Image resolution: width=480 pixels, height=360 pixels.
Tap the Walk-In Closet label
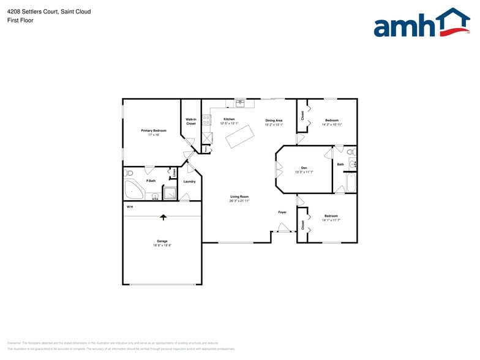pyautogui.click(x=191, y=121)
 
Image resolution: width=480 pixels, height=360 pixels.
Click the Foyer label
pyautogui.click(x=282, y=212)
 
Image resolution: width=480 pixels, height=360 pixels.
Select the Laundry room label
pyautogui.click(x=189, y=181)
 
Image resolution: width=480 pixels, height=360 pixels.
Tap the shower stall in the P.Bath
pyautogui.click(x=170, y=194)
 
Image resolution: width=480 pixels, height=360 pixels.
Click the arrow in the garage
pyautogui.click(x=163, y=216)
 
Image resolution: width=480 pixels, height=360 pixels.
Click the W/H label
pyautogui.click(x=130, y=208)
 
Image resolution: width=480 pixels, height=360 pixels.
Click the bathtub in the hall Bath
pyautogui.click(x=351, y=182)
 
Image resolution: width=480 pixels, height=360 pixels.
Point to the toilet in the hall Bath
pyautogui.click(x=351, y=151)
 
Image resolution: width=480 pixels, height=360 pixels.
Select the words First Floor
pyautogui.click(x=21, y=20)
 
